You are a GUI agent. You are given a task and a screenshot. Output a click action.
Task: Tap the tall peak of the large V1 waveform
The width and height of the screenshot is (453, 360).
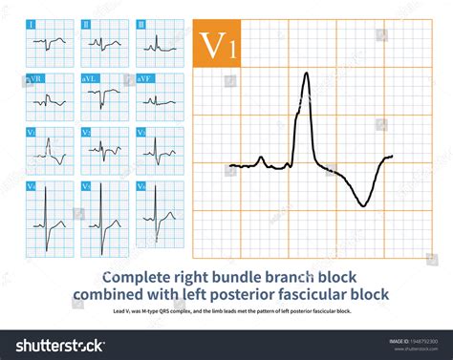[306, 75]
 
